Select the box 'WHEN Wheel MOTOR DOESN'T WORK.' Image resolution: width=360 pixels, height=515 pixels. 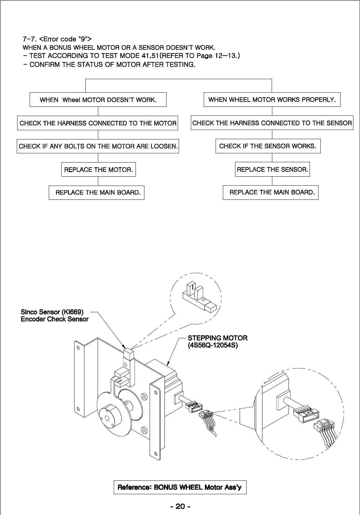(x=98, y=100)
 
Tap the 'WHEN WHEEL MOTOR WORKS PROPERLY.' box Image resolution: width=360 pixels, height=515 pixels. (x=272, y=100)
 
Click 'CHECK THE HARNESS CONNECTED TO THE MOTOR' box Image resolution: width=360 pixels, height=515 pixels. (x=98, y=123)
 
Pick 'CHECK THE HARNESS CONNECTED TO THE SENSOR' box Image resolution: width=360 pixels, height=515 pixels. (x=272, y=123)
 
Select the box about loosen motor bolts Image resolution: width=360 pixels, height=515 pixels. (x=98, y=146)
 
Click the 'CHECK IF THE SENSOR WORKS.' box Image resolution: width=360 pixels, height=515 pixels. (x=268, y=146)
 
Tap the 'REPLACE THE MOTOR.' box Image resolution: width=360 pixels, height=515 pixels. (x=98, y=169)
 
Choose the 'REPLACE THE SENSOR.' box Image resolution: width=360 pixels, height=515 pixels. (x=272, y=169)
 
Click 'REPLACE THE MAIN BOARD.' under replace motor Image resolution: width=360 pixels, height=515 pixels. (x=97, y=193)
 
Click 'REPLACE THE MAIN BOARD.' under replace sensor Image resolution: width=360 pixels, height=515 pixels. (x=271, y=193)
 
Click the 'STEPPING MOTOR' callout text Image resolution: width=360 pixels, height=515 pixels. (x=218, y=338)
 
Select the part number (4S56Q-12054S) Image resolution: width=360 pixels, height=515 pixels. (x=213, y=346)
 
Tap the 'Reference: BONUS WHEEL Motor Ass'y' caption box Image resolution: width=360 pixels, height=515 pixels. (x=180, y=487)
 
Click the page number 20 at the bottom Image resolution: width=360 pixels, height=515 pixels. (x=180, y=506)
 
